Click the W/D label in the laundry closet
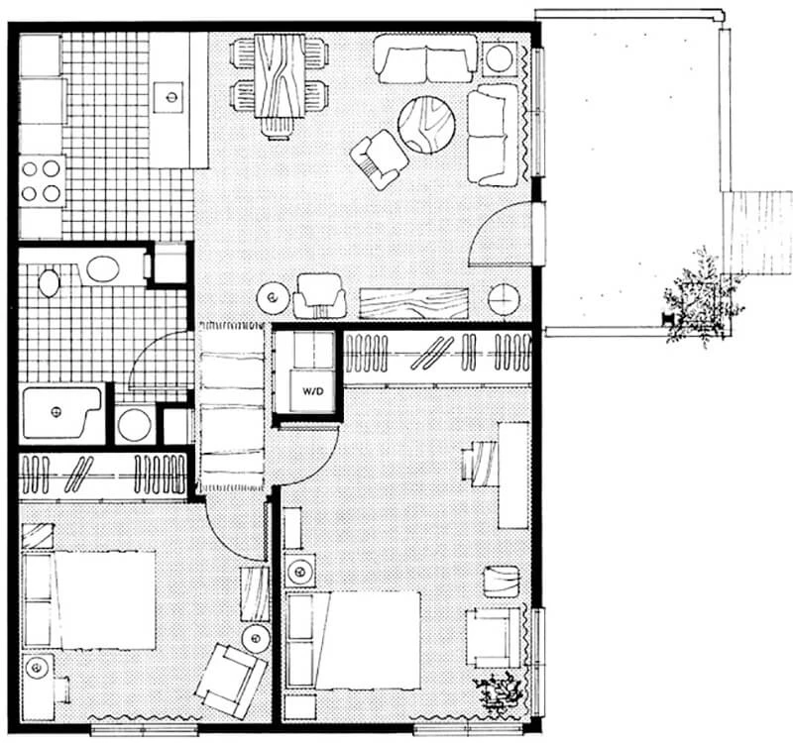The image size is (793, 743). [312, 391]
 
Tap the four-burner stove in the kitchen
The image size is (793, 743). [42, 181]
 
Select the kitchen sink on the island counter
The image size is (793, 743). [169, 96]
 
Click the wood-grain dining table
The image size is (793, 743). [280, 75]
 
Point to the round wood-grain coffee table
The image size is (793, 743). [426, 125]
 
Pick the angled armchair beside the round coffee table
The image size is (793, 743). [379, 159]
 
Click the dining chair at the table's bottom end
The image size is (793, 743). [278, 129]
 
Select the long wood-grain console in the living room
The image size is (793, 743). [413, 303]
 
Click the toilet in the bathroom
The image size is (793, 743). [49, 282]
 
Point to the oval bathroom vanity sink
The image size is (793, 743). [103, 268]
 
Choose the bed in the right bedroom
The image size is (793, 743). [354, 641]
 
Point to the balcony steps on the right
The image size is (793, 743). [756, 233]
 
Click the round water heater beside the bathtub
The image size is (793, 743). [134, 425]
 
